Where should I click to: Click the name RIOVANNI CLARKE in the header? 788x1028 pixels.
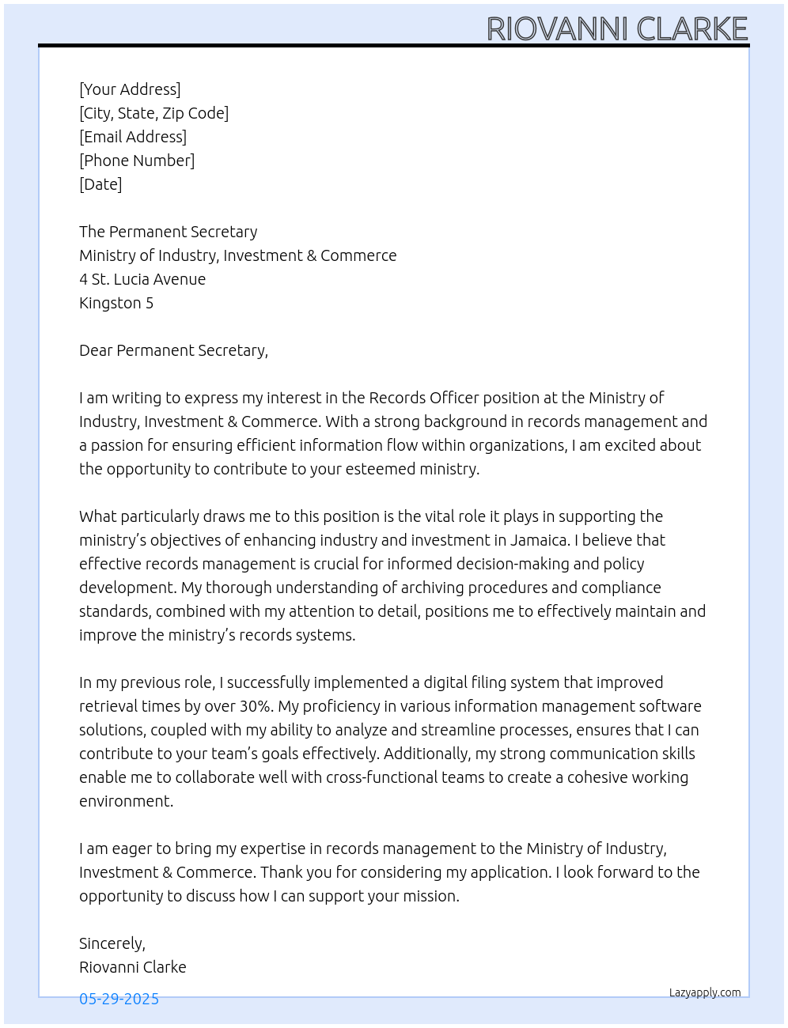pos(617,28)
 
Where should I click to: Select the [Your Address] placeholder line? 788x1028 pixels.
pos(130,89)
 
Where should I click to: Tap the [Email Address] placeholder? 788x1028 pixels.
pos(133,137)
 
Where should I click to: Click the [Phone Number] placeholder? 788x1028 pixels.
pos(137,161)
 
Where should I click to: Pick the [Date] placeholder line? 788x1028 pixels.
pos(100,184)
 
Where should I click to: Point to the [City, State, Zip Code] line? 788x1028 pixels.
pos(153,113)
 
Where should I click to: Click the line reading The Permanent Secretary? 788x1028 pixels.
pos(168,232)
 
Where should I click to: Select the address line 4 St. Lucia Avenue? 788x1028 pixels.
pos(142,279)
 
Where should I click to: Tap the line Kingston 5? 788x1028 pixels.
pos(116,303)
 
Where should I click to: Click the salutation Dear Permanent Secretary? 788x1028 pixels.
pos(173,350)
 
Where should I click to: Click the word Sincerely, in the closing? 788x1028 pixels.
pos(112,943)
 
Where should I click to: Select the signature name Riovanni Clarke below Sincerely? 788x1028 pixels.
pos(133,967)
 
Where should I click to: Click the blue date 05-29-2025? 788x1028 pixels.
pos(119,999)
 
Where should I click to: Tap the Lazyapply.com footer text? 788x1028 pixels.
pos(705,992)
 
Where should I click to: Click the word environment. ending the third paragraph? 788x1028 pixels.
pos(126,801)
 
